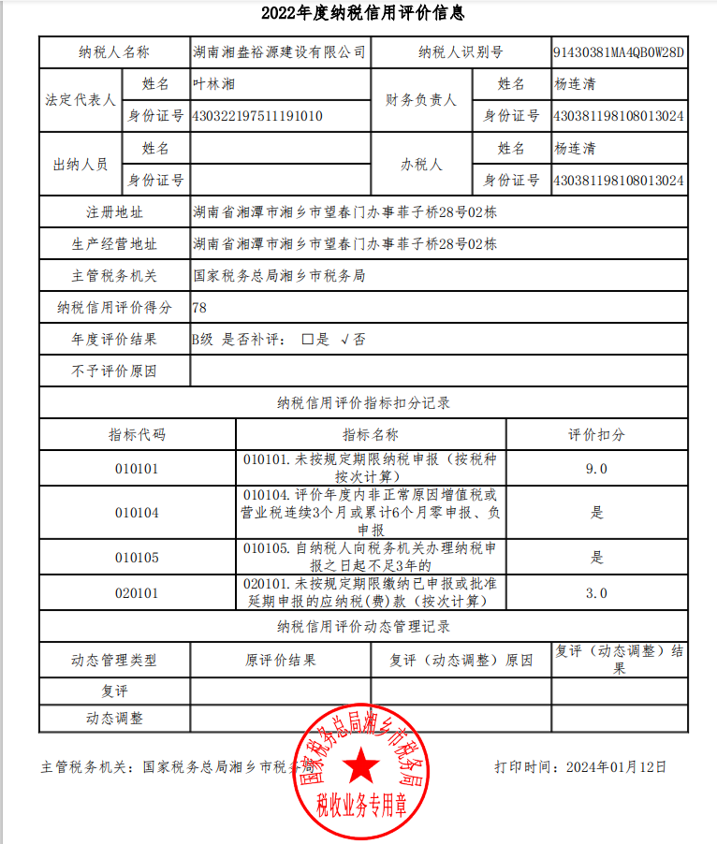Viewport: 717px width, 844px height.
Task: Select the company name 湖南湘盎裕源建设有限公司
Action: pos(278,52)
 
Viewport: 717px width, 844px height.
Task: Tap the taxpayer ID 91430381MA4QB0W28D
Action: pos(619,52)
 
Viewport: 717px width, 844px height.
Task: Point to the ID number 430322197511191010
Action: pos(256,116)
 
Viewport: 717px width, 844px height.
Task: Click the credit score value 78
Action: pos(199,307)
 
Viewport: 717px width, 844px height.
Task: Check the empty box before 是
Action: pos(307,340)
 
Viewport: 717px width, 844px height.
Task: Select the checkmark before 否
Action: pos(344,340)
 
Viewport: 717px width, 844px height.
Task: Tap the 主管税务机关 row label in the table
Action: pos(114,276)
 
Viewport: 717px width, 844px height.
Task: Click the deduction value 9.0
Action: pos(596,468)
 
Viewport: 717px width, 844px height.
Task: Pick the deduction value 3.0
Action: pos(596,592)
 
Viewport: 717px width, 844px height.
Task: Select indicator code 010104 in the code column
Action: pos(137,513)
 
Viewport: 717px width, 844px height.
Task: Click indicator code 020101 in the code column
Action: pos(137,592)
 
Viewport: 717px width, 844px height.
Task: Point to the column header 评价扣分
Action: pos(596,435)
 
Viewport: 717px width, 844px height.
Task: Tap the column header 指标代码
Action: pos(137,435)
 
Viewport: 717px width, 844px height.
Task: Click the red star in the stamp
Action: pos(361,768)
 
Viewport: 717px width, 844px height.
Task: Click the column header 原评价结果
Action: pos(280,660)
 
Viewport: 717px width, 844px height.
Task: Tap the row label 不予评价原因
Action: pos(114,371)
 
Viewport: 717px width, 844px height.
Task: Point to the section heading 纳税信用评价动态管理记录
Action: pos(363,626)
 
